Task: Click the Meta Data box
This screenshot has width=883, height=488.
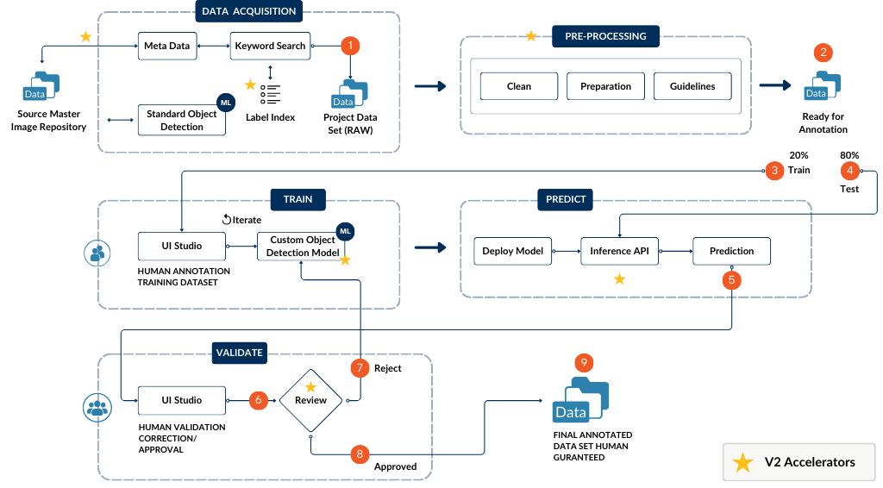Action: point(167,46)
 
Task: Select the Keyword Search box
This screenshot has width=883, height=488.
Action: point(269,46)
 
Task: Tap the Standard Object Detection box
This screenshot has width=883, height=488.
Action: point(182,120)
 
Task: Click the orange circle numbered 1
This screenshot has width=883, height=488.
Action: point(350,46)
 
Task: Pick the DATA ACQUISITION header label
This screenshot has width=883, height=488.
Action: point(248,12)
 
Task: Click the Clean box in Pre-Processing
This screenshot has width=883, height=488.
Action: point(519,86)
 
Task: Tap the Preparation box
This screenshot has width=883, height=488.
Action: point(605,86)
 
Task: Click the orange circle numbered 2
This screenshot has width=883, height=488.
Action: point(824,53)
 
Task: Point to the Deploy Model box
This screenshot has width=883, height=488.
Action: point(512,251)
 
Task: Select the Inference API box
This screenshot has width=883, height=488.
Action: point(618,251)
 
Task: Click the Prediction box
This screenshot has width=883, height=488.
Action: point(731,251)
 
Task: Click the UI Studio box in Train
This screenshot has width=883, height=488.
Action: point(182,246)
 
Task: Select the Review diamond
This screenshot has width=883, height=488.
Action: point(310,400)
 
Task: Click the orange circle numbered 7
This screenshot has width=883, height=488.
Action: point(360,368)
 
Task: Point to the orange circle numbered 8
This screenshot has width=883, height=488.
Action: point(360,454)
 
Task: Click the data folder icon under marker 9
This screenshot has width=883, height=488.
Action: point(580,401)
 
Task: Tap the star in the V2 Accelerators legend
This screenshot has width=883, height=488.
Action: point(742,462)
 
